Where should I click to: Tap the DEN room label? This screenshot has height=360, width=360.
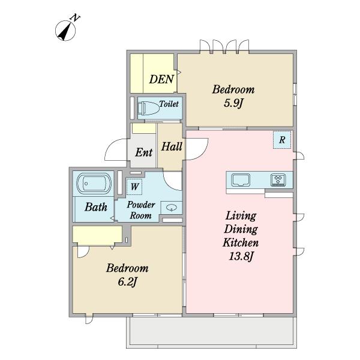coord(161,79)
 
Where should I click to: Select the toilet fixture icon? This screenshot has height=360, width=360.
coord(149,108)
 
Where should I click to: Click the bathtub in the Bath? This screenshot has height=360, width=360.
coord(94,184)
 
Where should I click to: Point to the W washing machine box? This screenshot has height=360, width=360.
coord(134,187)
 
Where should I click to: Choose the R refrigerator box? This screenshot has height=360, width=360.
coord(282,140)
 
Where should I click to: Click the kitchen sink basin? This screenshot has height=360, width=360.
coord(241,180)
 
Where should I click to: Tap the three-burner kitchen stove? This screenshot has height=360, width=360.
coord(278,180)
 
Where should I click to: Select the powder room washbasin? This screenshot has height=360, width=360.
coord(171,208)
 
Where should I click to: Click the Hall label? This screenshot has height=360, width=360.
coord(172,147)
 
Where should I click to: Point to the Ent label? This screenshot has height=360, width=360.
coord(144,152)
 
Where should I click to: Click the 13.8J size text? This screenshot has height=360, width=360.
coord(241,256)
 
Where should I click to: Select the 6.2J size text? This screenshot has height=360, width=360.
coord(127,282)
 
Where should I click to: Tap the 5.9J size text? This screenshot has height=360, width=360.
coord(233,103)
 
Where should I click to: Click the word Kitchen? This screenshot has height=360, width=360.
coord(241,242)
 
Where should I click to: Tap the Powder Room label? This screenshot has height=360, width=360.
coord(141,210)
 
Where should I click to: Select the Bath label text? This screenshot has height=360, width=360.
coord(96,207)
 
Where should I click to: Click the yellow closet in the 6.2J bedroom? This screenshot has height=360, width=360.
coord(97,234)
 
